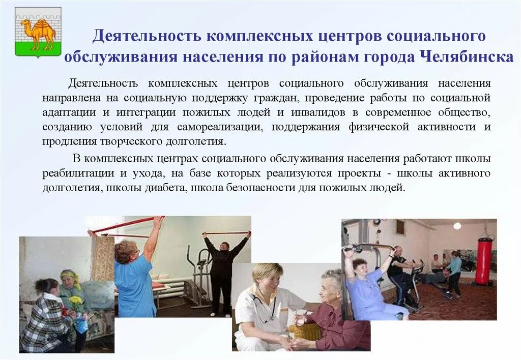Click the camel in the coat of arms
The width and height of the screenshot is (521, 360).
coord(37,33)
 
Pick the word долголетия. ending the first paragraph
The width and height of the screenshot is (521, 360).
coord(195,141)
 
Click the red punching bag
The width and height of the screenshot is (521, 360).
coord(483,260)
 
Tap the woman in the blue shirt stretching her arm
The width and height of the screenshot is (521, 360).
coord(134,277)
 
